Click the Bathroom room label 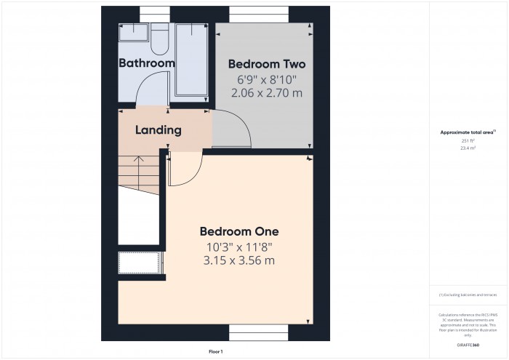coord(147,63)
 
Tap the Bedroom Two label coord(266,63)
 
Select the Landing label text coord(158,131)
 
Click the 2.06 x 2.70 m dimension coord(266,93)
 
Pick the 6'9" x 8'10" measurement coord(266,79)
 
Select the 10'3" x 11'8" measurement coord(239,247)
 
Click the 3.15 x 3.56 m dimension coord(239,260)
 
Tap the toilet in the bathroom coord(160,41)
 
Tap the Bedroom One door coord(185,171)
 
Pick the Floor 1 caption coord(216,351)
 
